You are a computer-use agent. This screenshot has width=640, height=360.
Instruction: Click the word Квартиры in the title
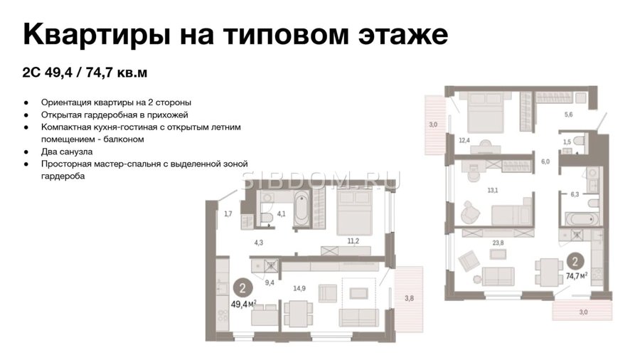(96, 35)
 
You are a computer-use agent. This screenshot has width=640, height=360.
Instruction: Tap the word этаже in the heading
(403, 35)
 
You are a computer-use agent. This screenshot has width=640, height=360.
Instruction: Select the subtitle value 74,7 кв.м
(117, 73)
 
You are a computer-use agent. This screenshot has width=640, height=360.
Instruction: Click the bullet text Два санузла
(67, 152)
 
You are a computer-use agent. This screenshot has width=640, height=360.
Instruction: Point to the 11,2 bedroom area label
(353, 241)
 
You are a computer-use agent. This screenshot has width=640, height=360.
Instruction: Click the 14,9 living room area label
(299, 289)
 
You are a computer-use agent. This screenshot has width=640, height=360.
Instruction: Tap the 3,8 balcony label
(409, 298)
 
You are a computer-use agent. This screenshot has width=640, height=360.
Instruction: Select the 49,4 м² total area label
(244, 304)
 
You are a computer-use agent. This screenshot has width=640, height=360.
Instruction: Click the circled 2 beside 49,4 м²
(243, 289)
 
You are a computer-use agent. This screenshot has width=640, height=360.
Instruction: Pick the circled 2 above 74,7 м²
(575, 261)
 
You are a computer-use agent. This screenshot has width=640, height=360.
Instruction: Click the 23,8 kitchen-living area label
(498, 243)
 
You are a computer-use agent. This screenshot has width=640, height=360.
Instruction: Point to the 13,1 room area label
(493, 190)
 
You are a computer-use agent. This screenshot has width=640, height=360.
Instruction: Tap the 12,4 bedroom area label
(464, 140)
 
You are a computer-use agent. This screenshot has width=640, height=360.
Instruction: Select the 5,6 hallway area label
(569, 115)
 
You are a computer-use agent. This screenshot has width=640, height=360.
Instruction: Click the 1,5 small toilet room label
(567, 142)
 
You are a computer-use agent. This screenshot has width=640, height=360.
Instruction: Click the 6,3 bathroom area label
(575, 194)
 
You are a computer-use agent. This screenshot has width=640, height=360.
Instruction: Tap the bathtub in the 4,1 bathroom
(302, 208)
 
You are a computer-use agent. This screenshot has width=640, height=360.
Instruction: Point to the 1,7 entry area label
(228, 213)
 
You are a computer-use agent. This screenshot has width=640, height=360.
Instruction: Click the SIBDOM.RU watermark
(321, 181)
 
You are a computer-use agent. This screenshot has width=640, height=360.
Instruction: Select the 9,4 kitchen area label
(270, 282)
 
